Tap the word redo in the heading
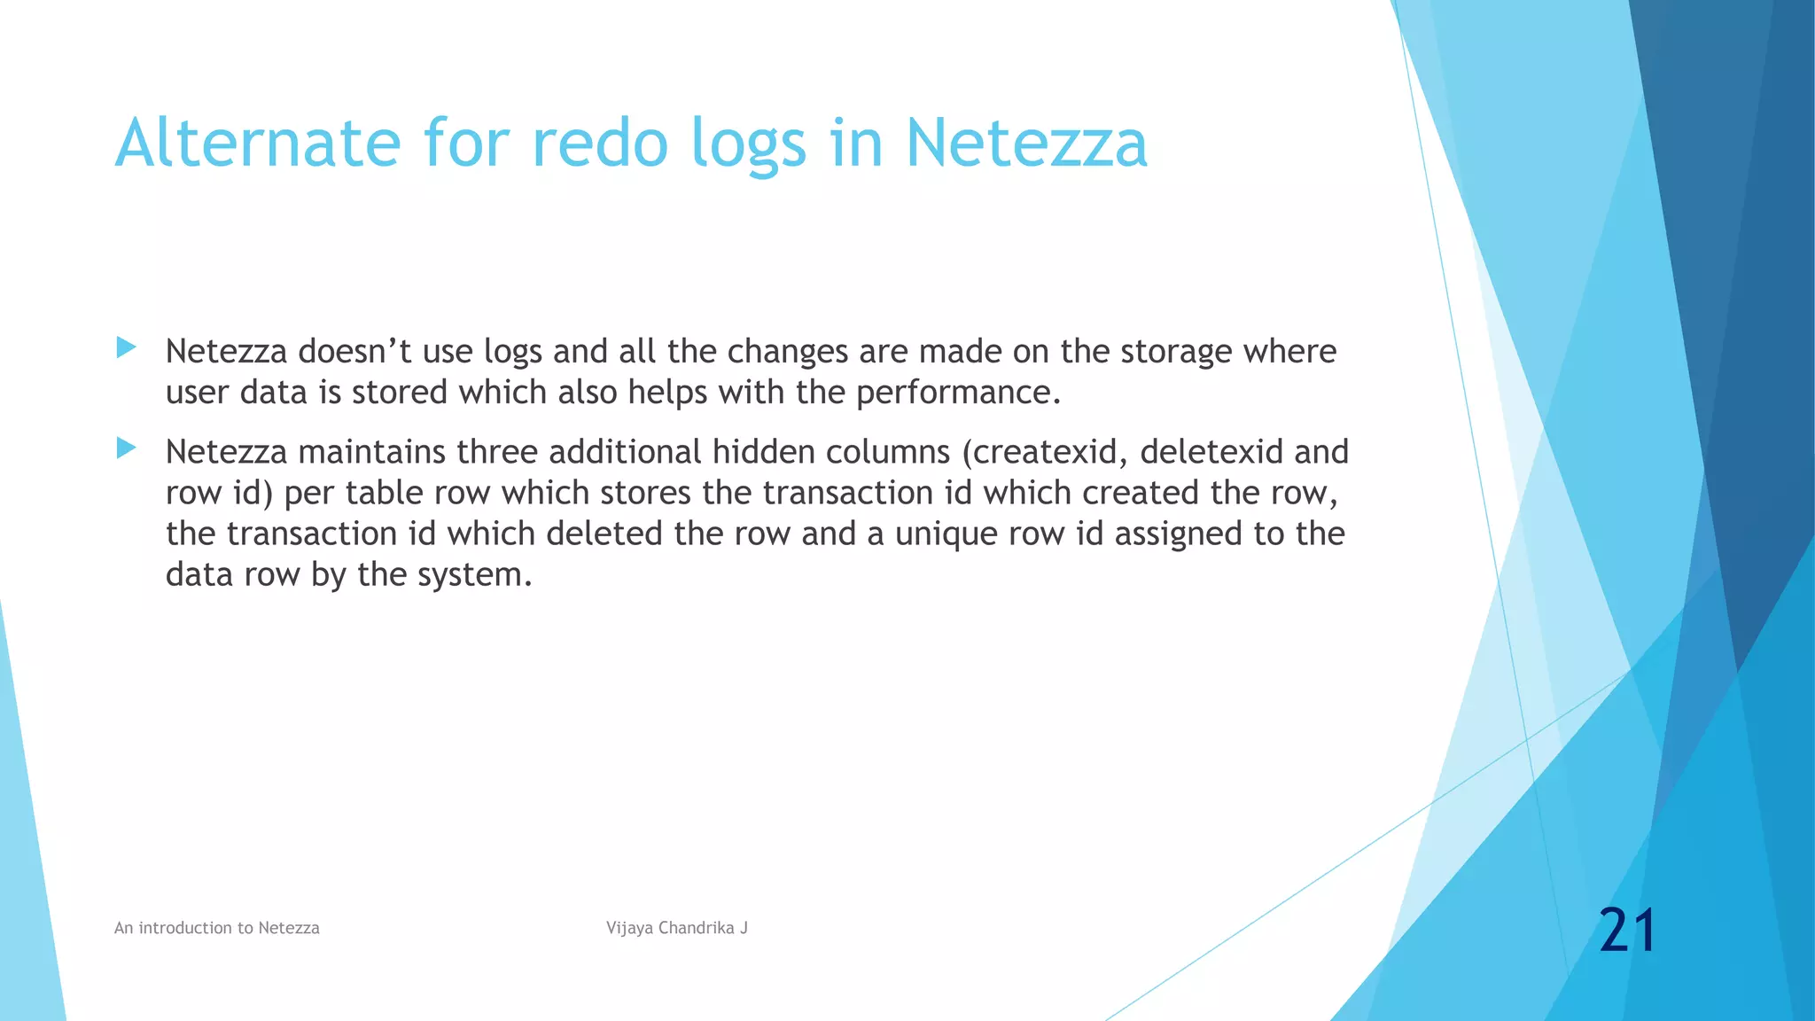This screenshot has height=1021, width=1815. (599, 143)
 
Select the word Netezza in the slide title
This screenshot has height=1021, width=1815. (1025, 143)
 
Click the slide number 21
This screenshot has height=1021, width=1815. (1627, 931)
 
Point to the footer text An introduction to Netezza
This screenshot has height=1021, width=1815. (217, 928)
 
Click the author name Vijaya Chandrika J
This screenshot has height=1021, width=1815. (677, 928)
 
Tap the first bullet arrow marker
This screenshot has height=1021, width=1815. (126, 347)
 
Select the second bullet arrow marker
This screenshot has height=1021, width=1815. (126, 448)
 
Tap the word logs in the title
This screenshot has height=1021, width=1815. (749, 143)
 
